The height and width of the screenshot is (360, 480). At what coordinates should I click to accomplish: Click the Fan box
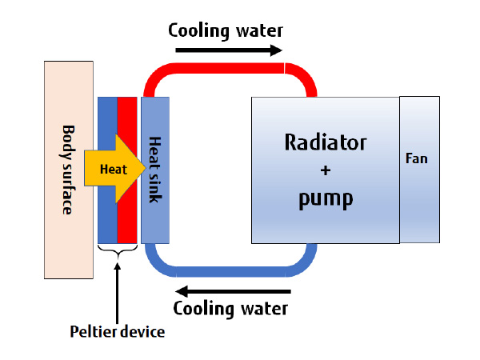click(x=419, y=192)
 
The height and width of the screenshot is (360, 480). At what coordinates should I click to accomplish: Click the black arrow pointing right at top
click(x=228, y=50)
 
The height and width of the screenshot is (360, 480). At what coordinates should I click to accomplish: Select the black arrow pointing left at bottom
click(x=233, y=290)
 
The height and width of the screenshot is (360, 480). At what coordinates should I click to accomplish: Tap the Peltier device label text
click(x=117, y=331)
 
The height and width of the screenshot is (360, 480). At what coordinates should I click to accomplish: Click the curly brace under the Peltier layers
click(x=117, y=254)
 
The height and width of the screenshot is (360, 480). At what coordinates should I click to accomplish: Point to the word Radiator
click(x=325, y=143)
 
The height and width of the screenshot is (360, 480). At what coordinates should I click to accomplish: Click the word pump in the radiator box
click(x=325, y=198)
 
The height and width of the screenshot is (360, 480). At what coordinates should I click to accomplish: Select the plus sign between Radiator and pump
click(x=325, y=170)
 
